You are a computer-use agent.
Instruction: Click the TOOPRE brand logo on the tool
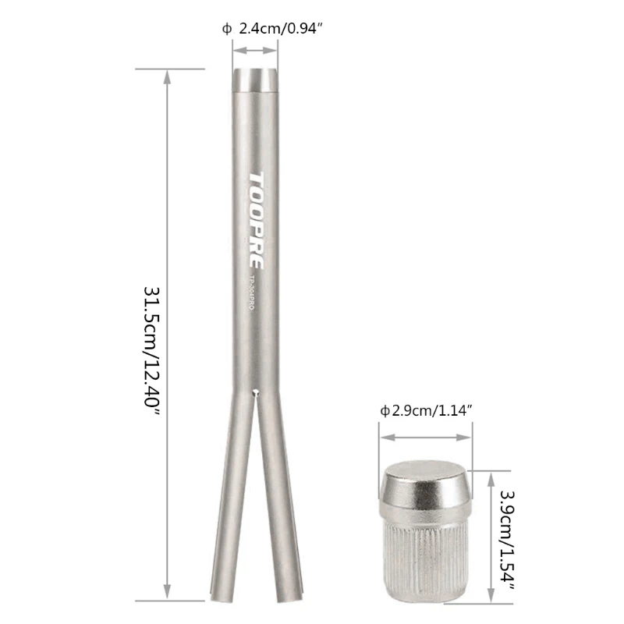(x=256, y=220)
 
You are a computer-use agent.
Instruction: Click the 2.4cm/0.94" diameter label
(x=278, y=29)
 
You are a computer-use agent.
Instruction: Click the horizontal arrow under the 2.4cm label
(x=254, y=50)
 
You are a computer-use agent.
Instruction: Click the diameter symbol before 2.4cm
(x=226, y=29)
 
